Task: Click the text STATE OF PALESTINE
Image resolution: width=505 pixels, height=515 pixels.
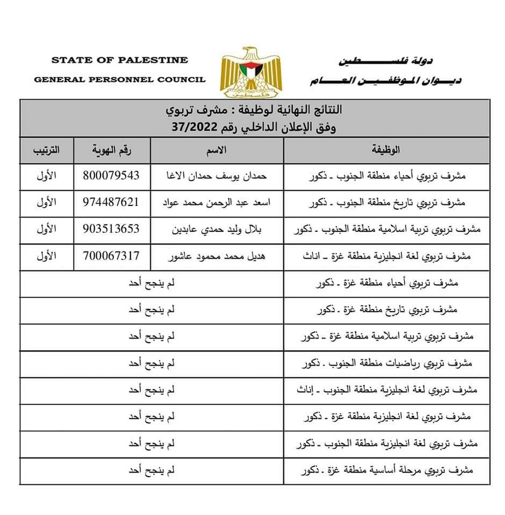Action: point(119,60)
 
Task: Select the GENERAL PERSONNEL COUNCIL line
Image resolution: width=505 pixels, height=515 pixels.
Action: point(119,80)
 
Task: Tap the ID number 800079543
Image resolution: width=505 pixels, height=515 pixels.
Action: point(112,176)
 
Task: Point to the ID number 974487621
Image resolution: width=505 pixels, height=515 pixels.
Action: point(112,202)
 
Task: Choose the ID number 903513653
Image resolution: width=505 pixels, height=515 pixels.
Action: point(112,229)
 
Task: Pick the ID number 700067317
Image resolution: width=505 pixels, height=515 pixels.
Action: point(112,256)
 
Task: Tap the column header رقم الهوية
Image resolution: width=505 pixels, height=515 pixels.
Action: point(112,150)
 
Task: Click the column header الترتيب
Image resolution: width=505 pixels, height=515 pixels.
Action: point(47,150)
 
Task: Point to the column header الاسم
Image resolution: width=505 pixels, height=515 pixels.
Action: point(217,150)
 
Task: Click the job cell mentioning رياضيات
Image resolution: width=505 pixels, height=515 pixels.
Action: point(387,364)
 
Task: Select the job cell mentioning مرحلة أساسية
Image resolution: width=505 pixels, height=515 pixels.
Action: point(387,471)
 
